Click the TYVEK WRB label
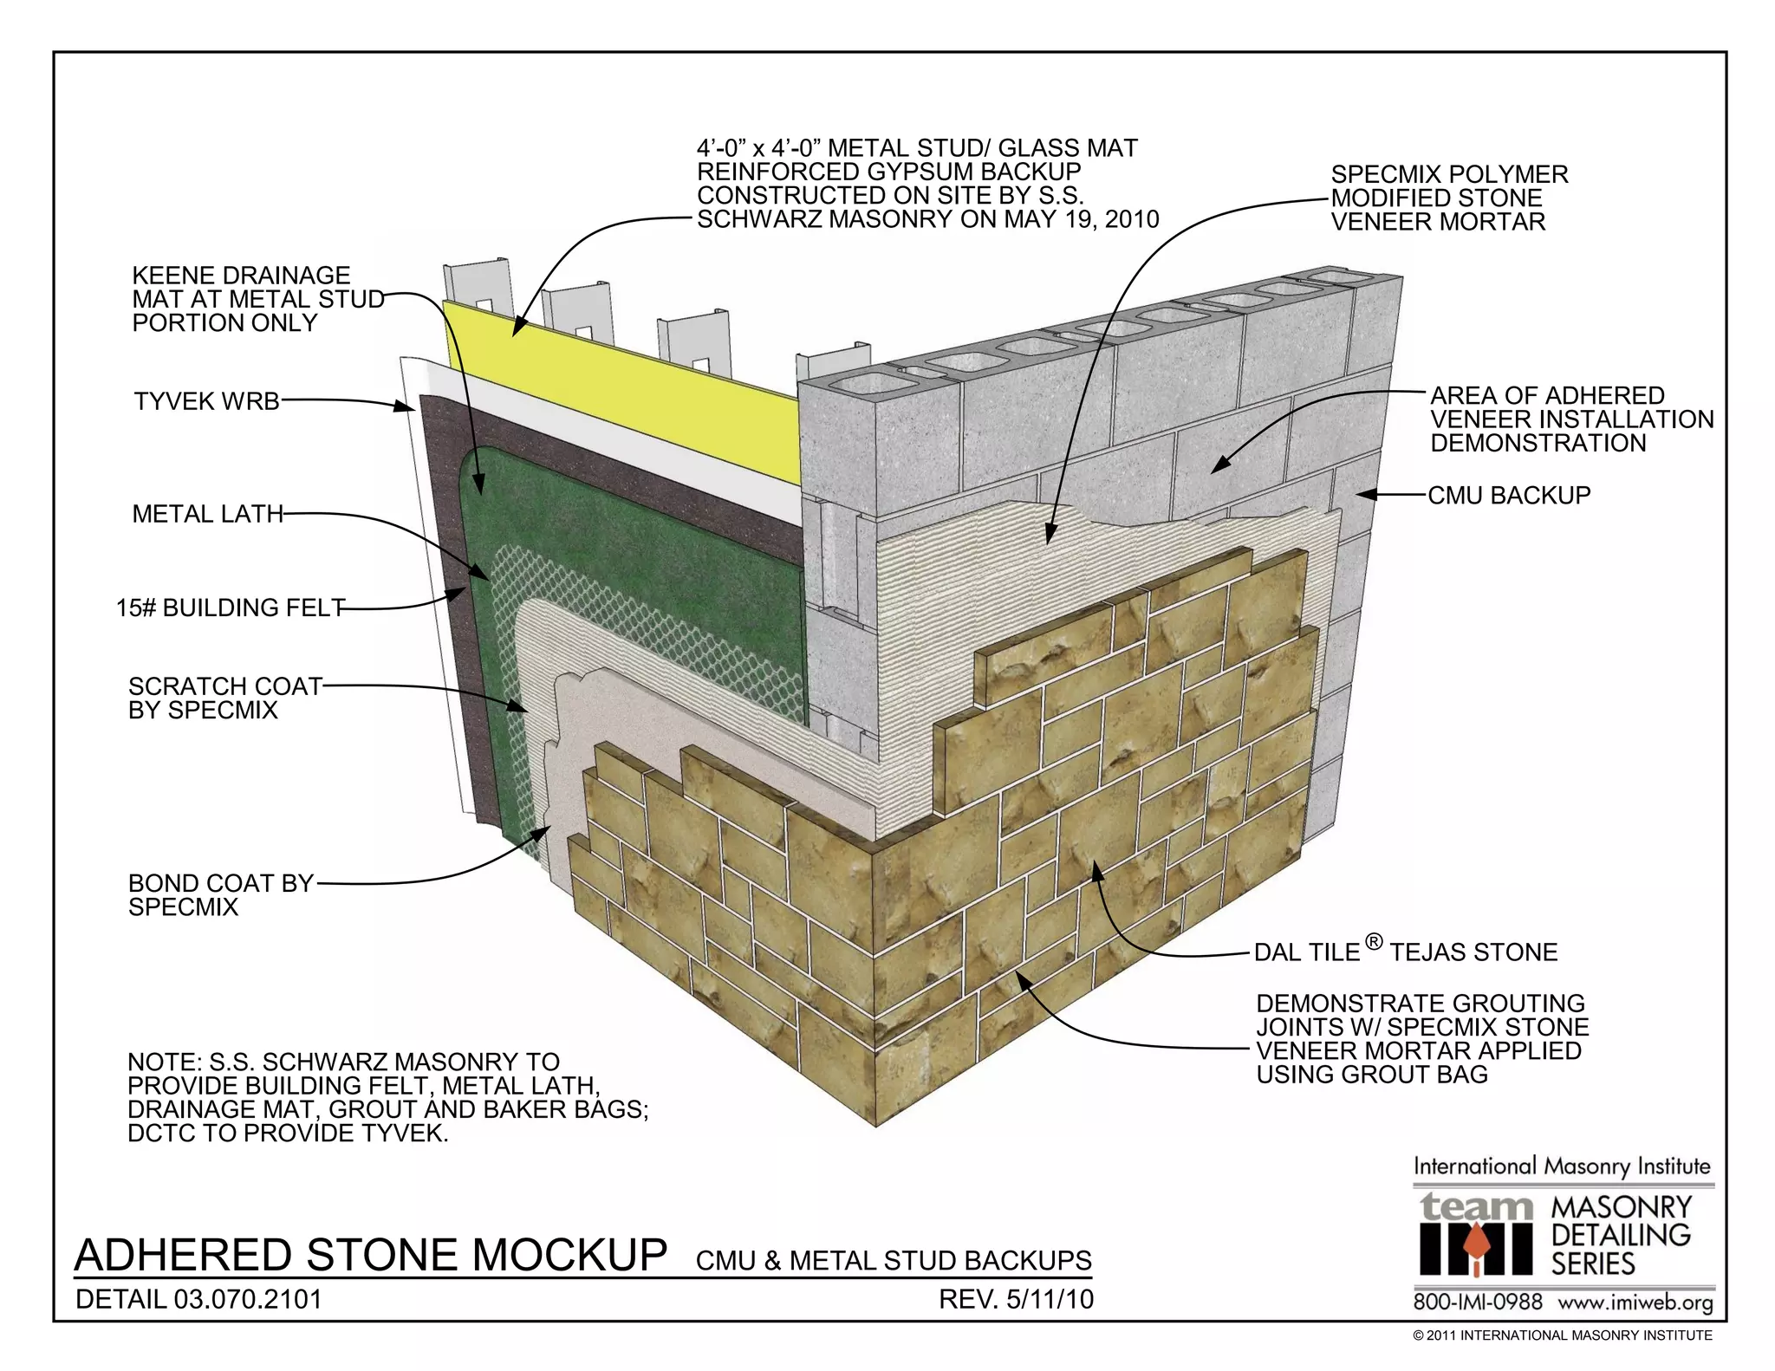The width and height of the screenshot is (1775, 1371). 206,402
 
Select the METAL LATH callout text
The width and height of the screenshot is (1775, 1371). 207,514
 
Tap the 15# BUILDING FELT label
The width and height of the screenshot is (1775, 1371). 231,608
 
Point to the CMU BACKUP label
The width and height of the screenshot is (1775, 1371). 1509,496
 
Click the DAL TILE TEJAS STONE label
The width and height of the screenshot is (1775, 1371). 1405,952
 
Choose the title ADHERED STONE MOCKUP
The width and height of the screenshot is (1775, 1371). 371,1255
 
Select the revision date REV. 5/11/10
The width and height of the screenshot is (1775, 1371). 1016,1300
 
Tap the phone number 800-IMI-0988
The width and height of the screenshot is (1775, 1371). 1478,1303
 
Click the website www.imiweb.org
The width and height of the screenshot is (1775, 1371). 1635,1303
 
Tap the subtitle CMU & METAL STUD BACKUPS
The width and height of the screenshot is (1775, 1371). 894,1261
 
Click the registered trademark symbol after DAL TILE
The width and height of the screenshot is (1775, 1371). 1373,941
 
